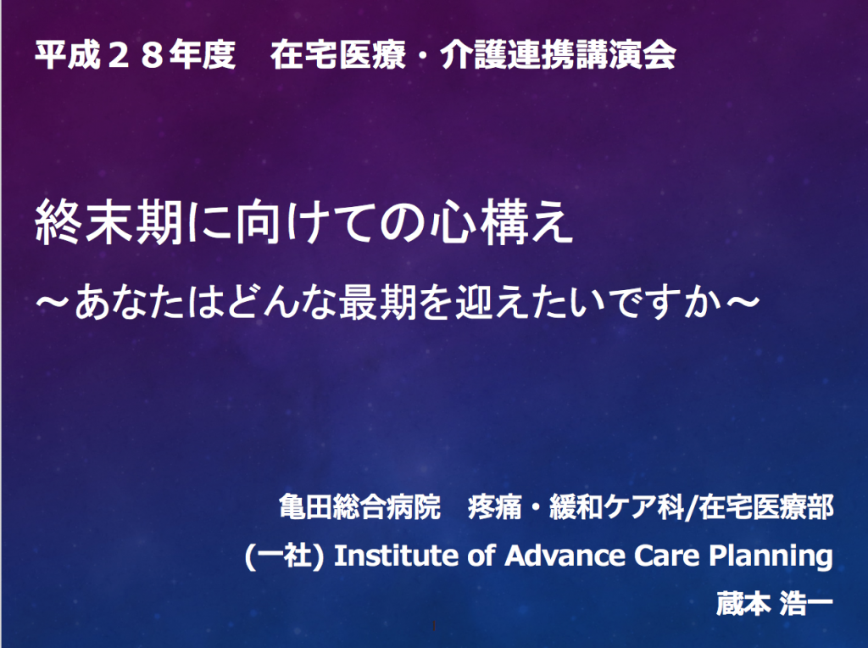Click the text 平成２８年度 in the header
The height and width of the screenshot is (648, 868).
135,55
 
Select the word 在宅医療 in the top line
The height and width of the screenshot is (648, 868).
338,55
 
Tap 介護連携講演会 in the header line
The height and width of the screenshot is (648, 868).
558,55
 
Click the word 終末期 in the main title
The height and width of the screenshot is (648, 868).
109,223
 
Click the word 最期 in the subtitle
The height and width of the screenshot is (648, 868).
377,303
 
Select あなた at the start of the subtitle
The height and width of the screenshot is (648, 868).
129,303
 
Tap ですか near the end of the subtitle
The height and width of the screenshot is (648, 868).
665,303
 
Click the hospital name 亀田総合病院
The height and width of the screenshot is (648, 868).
359,506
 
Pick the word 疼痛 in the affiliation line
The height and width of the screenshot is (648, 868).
495,506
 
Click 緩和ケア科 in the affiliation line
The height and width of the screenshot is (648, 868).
617,506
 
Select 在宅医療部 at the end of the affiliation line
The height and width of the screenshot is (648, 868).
766,506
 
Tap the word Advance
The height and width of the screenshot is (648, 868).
565,555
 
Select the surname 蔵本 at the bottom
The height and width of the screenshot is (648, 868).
743,603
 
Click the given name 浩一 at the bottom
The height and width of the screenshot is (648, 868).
806,603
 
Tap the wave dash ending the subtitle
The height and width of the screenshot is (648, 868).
742,302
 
